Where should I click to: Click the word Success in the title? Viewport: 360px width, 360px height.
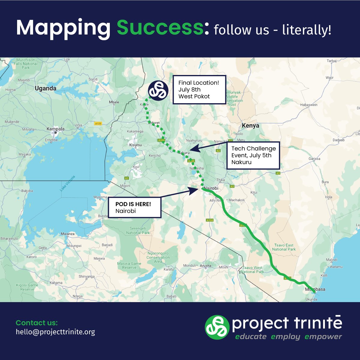click(160, 28)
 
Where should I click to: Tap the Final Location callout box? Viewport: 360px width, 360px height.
click(199, 89)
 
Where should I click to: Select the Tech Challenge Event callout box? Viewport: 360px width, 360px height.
click(253, 155)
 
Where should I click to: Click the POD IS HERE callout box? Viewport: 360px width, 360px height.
click(134, 207)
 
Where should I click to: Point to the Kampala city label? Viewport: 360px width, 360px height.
click(55, 129)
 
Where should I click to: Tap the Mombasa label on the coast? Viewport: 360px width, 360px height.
click(315, 289)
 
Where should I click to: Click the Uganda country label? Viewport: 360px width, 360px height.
click(45, 88)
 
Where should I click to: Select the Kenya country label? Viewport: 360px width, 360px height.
click(250, 126)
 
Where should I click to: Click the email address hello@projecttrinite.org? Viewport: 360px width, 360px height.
click(55, 332)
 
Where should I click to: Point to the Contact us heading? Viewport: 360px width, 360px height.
click(37, 323)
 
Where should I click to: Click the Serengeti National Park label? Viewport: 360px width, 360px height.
click(138, 230)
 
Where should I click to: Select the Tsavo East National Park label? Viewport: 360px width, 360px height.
click(284, 247)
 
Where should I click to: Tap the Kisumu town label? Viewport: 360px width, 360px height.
click(135, 145)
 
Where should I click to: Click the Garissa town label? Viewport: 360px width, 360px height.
click(314, 159)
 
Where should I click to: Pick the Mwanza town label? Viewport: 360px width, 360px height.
click(67, 234)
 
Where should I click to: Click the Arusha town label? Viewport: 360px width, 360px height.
click(205, 265)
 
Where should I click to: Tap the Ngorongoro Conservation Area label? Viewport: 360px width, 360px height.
click(158, 257)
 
